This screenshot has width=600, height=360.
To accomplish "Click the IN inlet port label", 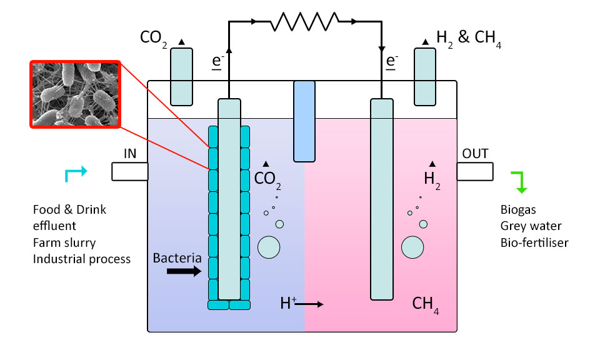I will click(130, 154).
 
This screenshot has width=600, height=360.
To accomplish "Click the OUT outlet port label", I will click(475, 154).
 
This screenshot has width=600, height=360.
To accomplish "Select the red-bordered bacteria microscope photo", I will click(74, 94).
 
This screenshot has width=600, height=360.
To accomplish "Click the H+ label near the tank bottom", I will click(288, 304).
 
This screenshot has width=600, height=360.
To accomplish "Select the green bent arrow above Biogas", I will click(520, 181).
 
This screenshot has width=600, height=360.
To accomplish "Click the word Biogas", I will click(518, 210).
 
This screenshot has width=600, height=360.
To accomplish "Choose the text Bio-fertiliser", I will click(534, 242).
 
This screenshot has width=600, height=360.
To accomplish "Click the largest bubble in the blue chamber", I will click(269, 247).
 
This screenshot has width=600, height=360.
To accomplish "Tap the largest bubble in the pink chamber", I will click(412, 247).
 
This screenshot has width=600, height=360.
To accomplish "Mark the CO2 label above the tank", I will click(153, 37).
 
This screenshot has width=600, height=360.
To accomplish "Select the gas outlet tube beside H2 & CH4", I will click(425, 76).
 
